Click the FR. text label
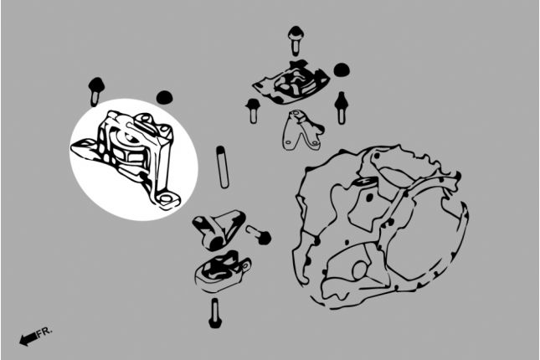coord(44,332)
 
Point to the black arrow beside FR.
coord(28,339)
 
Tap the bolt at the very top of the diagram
coord(296,40)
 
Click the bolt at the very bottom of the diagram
coord(215,313)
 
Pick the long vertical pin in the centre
coord(223,167)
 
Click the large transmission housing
coord(380,228)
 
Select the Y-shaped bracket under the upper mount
coord(302,131)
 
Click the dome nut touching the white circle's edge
coord(164,97)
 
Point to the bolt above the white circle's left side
coord(95,91)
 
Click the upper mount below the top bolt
coord(291,82)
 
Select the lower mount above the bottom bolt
coord(222,271)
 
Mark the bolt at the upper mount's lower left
coord(253,111)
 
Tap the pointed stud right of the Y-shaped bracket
coord(341,107)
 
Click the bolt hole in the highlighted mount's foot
coord(166,198)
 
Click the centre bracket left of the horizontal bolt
coord(219,229)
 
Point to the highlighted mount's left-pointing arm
coord(85,148)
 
